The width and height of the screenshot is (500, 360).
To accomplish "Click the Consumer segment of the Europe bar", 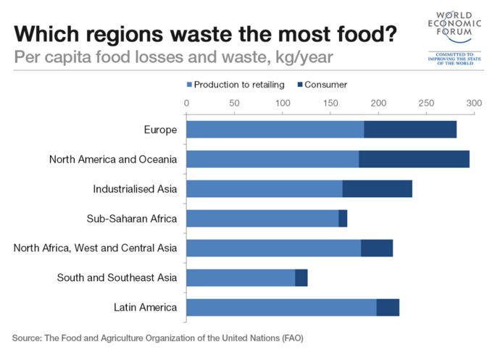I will (x=410, y=130).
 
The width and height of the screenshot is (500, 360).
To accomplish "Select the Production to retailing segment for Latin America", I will (x=281, y=307).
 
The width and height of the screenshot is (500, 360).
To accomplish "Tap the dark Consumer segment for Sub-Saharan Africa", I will (x=343, y=218).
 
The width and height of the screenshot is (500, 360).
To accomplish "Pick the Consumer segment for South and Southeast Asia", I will (x=301, y=277).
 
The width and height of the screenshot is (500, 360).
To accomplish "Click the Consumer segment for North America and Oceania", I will (x=414, y=159).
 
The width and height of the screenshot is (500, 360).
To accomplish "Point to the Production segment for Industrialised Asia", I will (x=264, y=189).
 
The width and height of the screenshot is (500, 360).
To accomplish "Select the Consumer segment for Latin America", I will (x=388, y=307).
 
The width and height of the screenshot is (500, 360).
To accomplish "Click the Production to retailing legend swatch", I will (x=190, y=85).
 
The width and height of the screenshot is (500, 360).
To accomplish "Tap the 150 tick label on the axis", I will (x=330, y=104).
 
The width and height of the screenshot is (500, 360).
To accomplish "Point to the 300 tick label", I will (x=473, y=104).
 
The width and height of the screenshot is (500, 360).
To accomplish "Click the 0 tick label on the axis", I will (x=187, y=104).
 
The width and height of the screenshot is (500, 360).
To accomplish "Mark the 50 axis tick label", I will (x=234, y=104).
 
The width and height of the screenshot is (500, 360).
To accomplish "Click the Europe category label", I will (x=160, y=130).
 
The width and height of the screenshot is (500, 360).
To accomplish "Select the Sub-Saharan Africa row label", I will (x=136, y=219).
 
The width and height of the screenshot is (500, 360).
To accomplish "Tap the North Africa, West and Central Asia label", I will (x=95, y=248).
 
